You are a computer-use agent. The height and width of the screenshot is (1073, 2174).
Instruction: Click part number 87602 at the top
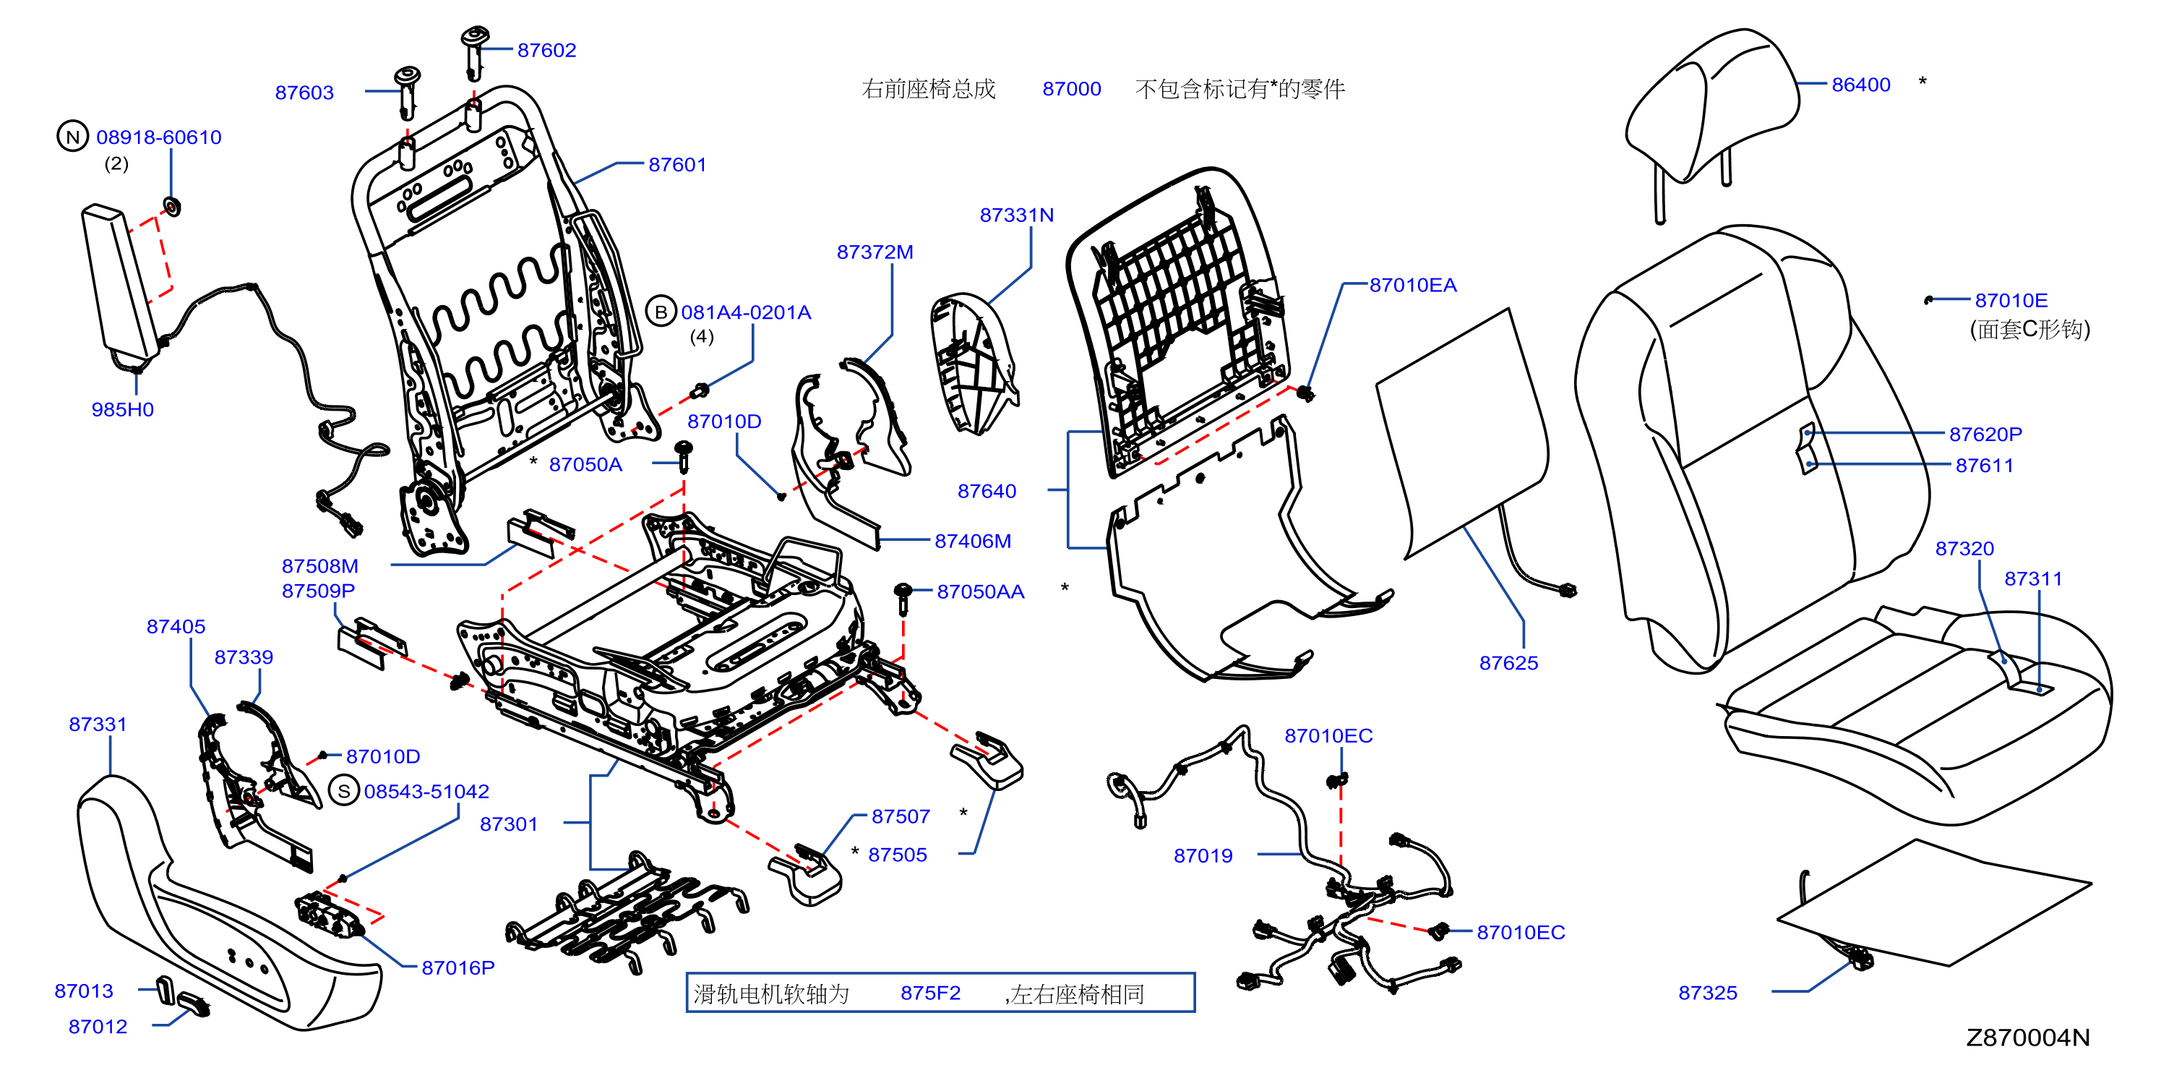tap(547, 51)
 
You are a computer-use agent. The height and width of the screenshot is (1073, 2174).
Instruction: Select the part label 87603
tap(305, 93)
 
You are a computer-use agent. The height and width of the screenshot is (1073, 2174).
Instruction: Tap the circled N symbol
tap(72, 137)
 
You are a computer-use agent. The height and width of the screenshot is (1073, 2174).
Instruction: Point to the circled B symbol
tap(661, 312)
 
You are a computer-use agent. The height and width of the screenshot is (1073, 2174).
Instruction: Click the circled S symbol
tap(343, 792)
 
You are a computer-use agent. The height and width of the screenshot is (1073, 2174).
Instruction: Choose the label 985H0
tap(122, 410)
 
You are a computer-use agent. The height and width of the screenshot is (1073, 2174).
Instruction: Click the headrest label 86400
tap(1861, 85)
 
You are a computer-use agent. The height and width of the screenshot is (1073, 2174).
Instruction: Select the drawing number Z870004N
tap(2028, 1038)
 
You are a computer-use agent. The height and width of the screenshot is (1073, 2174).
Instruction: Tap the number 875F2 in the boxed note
tap(930, 993)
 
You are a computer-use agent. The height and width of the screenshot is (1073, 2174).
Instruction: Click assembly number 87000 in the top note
tap(1072, 90)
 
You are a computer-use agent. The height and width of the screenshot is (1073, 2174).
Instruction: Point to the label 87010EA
tap(1413, 286)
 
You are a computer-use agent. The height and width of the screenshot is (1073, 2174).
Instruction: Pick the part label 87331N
tap(1017, 216)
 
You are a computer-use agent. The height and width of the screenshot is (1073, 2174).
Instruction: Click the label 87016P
tap(458, 968)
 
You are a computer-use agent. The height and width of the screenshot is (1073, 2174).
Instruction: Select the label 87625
tap(1509, 664)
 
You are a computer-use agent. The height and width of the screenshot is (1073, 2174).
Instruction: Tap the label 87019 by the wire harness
tap(1203, 856)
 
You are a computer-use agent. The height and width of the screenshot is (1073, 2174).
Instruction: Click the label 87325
tap(1708, 993)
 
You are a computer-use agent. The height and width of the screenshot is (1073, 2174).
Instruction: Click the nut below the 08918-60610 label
tap(172, 206)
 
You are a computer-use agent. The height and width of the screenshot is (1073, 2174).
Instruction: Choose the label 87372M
tap(875, 252)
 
